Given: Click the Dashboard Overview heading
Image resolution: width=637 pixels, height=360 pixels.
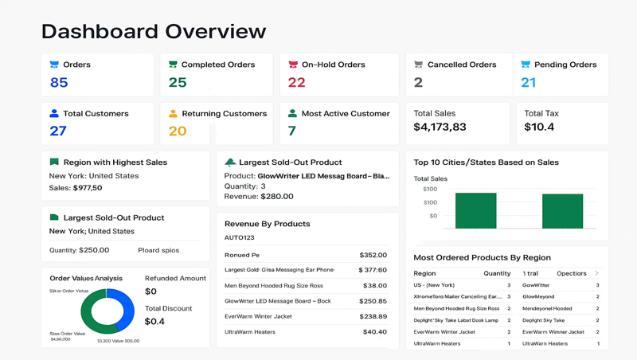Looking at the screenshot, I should pyautogui.click(x=154, y=31).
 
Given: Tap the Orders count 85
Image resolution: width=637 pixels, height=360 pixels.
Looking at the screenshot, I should pyautogui.click(x=59, y=83).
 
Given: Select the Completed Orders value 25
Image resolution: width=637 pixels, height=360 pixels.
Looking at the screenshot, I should pyautogui.click(x=178, y=83).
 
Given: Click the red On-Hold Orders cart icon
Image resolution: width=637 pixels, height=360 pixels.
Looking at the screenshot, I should pyautogui.click(x=293, y=65).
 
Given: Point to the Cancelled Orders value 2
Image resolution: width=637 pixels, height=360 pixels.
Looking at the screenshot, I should pyautogui.click(x=418, y=83).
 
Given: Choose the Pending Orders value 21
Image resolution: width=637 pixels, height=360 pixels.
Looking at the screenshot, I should pyautogui.click(x=529, y=83).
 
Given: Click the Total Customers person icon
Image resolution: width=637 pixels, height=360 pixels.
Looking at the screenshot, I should pyautogui.click(x=54, y=114).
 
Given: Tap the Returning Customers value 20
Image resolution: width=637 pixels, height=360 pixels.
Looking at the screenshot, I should pyautogui.click(x=178, y=131).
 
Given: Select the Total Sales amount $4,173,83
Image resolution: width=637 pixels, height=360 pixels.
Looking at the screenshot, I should pyautogui.click(x=440, y=127).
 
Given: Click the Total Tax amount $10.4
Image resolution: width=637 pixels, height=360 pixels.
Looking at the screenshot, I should pyautogui.click(x=539, y=127).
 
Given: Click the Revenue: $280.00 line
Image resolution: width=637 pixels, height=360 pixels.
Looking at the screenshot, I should pyautogui.click(x=259, y=197).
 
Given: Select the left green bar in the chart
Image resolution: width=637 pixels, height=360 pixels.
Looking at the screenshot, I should pyautogui.click(x=475, y=210).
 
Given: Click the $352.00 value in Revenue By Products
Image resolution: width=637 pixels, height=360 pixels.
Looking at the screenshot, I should pyautogui.click(x=373, y=256).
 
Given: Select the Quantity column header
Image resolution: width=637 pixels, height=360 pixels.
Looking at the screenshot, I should pyautogui.click(x=497, y=273).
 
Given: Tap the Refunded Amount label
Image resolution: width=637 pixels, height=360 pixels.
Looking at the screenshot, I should pyautogui.click(x=175, y=279).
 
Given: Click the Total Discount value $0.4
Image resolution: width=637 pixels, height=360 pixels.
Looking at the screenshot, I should pyautogui.click(x=155, y=322).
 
